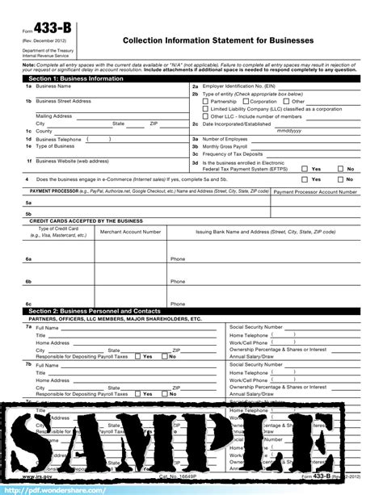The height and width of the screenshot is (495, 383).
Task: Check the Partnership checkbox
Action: coord(206,102)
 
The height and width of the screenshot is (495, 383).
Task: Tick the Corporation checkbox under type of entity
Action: coord(245,102)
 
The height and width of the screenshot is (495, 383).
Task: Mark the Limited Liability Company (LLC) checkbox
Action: coord(206,109)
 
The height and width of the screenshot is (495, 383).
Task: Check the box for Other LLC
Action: coord(206,116)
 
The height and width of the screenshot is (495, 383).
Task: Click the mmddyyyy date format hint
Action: coord(288,130)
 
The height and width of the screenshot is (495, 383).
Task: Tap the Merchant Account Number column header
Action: coord(130,232)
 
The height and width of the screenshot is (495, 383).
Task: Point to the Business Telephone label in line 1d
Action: coord(59,138)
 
